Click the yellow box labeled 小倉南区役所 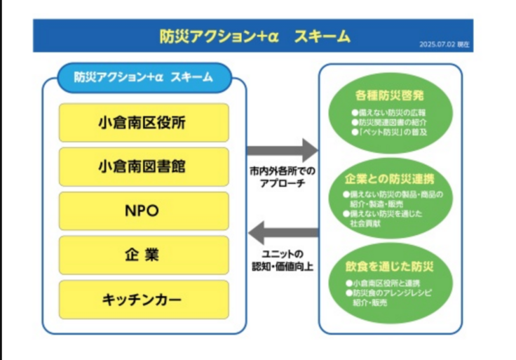pos(144,123)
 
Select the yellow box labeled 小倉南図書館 pos(144,167)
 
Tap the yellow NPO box pos(144,211)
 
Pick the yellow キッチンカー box pos(144,300)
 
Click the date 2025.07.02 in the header pos(438,44)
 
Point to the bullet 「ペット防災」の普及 pos(390,132)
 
